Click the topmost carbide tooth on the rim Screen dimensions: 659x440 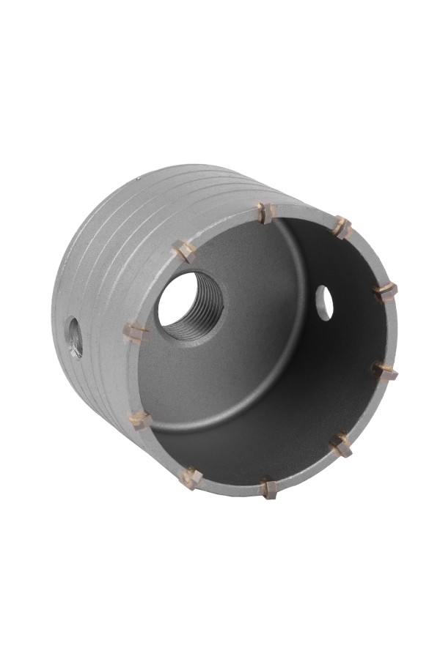coord(266,213)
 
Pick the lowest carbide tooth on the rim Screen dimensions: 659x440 coord(268,488)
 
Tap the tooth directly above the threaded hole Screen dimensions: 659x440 coord(184,251)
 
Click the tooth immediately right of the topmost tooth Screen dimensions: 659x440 coord(342,227)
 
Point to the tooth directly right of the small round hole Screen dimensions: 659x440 coord(385,291)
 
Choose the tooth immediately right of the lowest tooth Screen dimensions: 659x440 coord(342,444)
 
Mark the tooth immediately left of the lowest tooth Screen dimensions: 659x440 coord(191,477)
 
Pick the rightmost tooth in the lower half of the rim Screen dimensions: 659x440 coord(385,371)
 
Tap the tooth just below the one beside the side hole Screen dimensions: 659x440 coord(140,420)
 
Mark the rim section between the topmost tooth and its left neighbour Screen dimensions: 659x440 coord(224,228)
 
